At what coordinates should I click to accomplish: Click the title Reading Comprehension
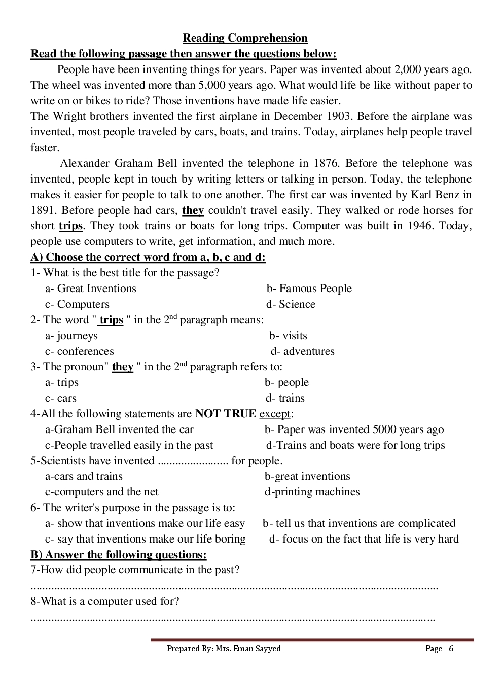245,38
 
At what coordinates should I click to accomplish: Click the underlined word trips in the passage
70,226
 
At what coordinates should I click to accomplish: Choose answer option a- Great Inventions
91,289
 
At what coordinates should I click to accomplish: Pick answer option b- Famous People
309,289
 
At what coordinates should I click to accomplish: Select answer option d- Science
291,304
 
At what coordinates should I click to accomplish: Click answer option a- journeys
71,336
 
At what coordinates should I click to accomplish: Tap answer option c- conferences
80,351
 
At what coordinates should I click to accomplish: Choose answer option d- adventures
303,351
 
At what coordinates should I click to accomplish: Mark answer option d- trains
285,398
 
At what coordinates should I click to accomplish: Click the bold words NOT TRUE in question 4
226,414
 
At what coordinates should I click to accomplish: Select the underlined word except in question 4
275,414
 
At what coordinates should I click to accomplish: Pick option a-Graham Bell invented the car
120,429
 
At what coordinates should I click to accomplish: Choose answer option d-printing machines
312,492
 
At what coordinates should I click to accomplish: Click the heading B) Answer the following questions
119,554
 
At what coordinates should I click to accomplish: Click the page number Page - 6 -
442,649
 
